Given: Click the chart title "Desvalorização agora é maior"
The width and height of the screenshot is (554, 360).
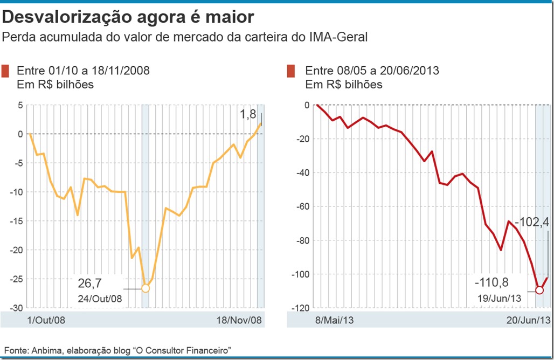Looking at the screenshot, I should click(128, 17).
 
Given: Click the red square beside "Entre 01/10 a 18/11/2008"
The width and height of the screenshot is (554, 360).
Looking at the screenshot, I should click(6, 71).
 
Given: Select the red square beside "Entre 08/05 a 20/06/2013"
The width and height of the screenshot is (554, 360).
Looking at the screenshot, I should click(290, 71).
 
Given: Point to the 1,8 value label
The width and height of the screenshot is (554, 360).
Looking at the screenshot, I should click(247, 114).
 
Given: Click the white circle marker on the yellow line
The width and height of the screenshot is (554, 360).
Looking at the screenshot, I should click(145, 288).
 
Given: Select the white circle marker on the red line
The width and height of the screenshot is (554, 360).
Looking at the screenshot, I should click(541, 290).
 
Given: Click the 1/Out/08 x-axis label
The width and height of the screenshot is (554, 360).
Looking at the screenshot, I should click(46, 320).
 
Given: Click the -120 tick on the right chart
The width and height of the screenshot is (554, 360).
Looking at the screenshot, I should click(301, 308).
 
